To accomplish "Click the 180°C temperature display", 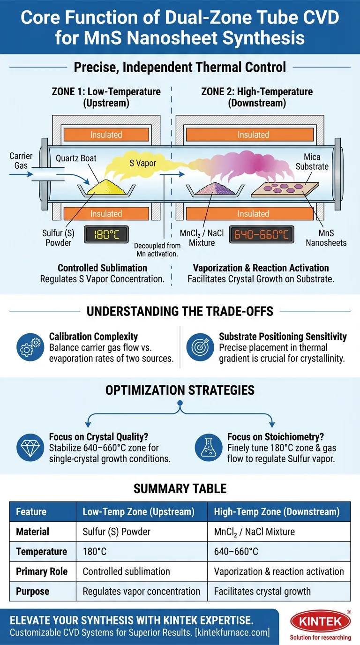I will point(106,234).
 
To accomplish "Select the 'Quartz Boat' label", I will point(76,158).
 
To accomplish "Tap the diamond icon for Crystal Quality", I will point(29,447).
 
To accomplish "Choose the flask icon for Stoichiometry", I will point(208,447).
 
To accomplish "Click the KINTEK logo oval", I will point(320,622).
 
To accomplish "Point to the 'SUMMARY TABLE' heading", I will point(180,488).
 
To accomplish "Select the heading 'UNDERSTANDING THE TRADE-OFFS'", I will point(180,311).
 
